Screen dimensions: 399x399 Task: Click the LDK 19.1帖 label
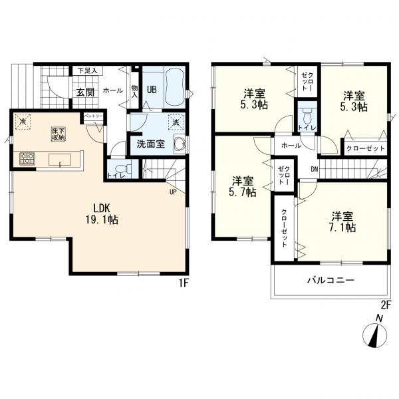102,214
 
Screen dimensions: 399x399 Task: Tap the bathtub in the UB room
174,89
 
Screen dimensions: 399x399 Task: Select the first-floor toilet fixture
123,169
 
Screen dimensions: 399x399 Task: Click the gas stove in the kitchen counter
27,158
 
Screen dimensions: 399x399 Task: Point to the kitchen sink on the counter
60,160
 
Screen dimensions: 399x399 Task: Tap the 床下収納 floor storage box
59,134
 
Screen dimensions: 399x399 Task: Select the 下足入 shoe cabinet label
87,70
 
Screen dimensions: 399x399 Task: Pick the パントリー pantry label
93,116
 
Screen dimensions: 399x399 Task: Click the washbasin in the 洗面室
180,144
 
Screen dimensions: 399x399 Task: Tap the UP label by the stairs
173,192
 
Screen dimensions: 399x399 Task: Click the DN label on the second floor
315,169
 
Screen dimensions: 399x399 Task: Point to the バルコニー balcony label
331,281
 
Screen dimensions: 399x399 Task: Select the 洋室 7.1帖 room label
343,222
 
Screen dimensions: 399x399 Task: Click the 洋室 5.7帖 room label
243,187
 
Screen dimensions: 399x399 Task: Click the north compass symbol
374,333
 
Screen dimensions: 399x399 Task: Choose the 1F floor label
183,283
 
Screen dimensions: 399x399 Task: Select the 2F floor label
386,305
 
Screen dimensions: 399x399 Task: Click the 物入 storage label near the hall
134,92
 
